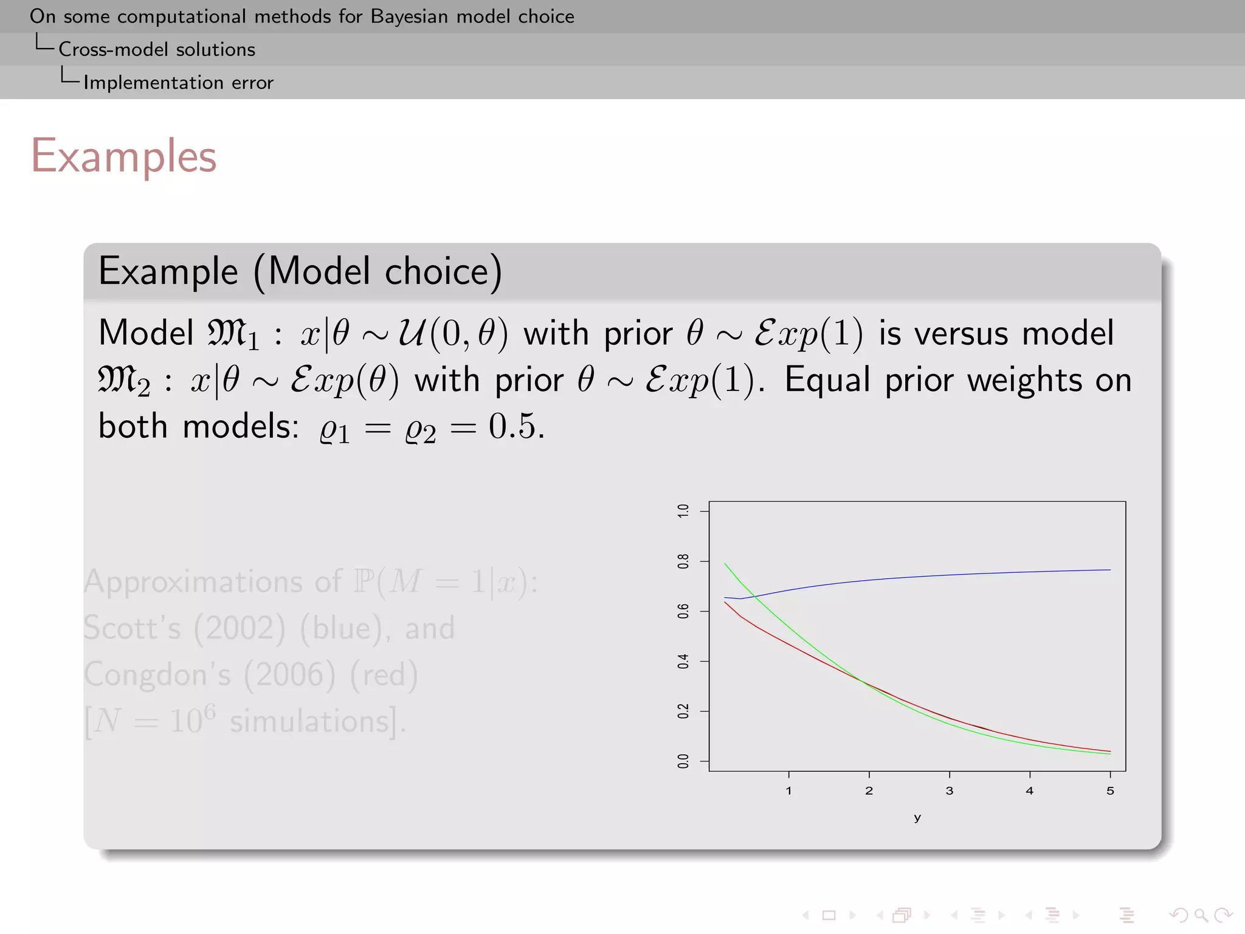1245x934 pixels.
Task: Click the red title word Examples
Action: click(123, 156)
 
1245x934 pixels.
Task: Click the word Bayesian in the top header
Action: click(410, 16)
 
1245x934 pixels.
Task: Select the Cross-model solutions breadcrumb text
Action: click(157, 49)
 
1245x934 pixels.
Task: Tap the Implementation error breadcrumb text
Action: click(178, 83)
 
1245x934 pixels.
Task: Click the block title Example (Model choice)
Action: click(300, 271)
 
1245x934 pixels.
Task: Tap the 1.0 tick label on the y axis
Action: click(683, 511)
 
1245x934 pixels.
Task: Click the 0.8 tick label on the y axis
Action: click(683, 561)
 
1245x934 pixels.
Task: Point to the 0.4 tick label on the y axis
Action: click(683, 662)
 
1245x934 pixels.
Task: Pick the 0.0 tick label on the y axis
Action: click(683, 761)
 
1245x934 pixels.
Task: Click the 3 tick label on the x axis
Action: click(949, 791)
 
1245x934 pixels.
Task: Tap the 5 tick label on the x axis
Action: click(1110, 791)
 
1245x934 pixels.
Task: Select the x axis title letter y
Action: click(917, 818)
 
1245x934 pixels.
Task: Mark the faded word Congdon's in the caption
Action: click(157, 675)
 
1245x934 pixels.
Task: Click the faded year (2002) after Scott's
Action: click(239, 628)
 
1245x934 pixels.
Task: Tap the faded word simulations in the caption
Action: click(309, 722)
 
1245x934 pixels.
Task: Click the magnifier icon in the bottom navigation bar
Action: click(1201, 915)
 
